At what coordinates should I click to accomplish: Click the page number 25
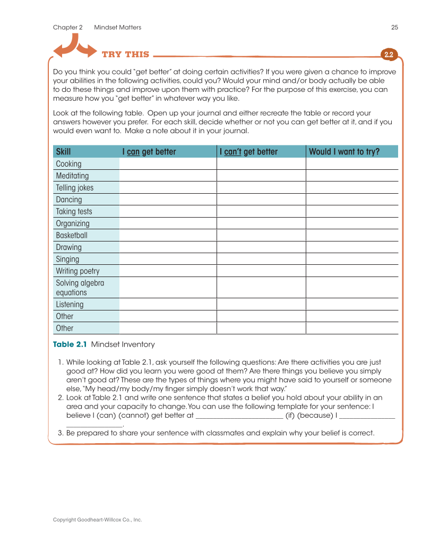[x=394, y=28]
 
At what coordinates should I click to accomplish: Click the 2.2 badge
[x=389, y=55]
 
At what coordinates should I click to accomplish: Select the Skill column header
[x=63, y=152]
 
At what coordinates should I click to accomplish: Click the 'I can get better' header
[x=149, y=152]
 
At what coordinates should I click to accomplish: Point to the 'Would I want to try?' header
[x=344, y=152]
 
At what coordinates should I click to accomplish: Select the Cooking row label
[x=69, y=164]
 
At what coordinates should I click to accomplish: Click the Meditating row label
[x=72, y=176]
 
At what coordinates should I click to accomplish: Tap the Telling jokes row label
[x=74, y=188]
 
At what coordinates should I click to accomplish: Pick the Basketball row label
[x=72, y=235]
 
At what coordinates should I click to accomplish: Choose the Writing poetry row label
[x=77, y=271]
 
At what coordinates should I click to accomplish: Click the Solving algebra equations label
[x=80, y=288]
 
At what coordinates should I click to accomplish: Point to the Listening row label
[x=70, y=305]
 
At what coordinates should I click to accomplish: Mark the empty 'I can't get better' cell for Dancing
[x=261, y=200]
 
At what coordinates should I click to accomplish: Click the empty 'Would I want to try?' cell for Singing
[x=351, y=259]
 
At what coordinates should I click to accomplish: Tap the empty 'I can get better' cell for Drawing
[x=168, y=247]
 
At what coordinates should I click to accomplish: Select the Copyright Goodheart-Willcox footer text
[x=97, y=520]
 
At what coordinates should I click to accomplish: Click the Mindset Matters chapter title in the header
[x=118, y=28]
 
